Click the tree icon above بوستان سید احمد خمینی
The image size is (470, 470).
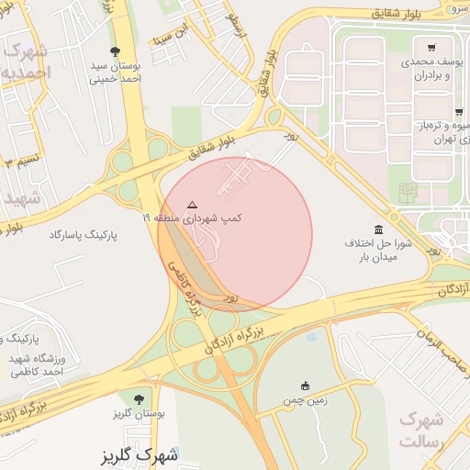point(115,51)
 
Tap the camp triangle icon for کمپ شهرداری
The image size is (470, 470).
point(191,205)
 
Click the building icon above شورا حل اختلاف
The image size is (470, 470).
point(378,229)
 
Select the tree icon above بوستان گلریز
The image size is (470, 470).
point(139,399)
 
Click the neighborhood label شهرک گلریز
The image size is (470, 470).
point(141,454)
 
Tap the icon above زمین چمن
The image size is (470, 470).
point(306,386)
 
